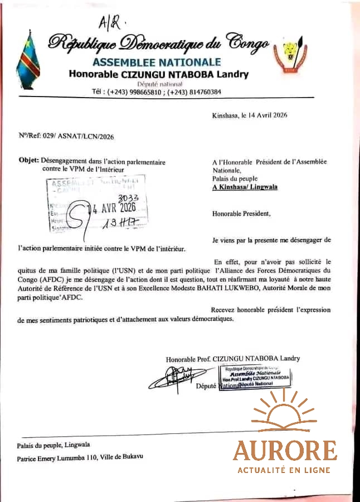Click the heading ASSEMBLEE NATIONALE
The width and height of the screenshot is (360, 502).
157,62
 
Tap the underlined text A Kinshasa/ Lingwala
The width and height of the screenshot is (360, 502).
245,187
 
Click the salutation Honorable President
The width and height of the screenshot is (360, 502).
241,213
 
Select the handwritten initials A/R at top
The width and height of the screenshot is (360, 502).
110,22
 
